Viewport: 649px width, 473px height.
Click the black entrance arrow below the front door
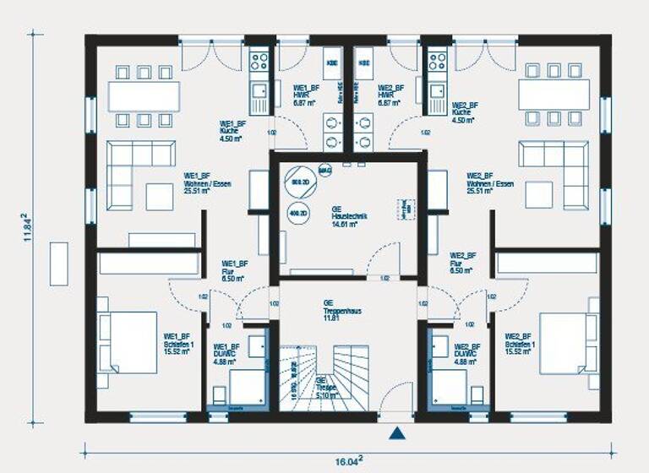click(396, 434)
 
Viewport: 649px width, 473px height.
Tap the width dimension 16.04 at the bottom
click(347, 460)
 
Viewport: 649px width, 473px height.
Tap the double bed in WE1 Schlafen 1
click(128, 342)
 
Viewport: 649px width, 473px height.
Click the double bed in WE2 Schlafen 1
click(567, 342)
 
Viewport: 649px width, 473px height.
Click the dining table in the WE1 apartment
click(144, 95)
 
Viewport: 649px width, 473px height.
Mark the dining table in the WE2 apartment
click(554, 95)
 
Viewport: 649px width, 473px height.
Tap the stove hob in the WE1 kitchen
click(259, 61)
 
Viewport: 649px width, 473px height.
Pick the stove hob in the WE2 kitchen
click(437, 61)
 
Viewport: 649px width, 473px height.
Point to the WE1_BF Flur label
click(234, 269)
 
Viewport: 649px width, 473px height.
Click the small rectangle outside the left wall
click(59, 264)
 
